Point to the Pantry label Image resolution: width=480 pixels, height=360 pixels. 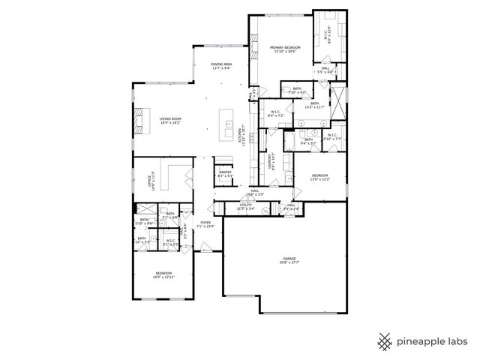coord(225,174)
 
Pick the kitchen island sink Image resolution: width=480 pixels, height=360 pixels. coord(228,122)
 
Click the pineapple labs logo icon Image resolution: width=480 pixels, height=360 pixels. coord(385,341)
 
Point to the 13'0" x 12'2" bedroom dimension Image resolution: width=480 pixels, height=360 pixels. coord(320,179)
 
